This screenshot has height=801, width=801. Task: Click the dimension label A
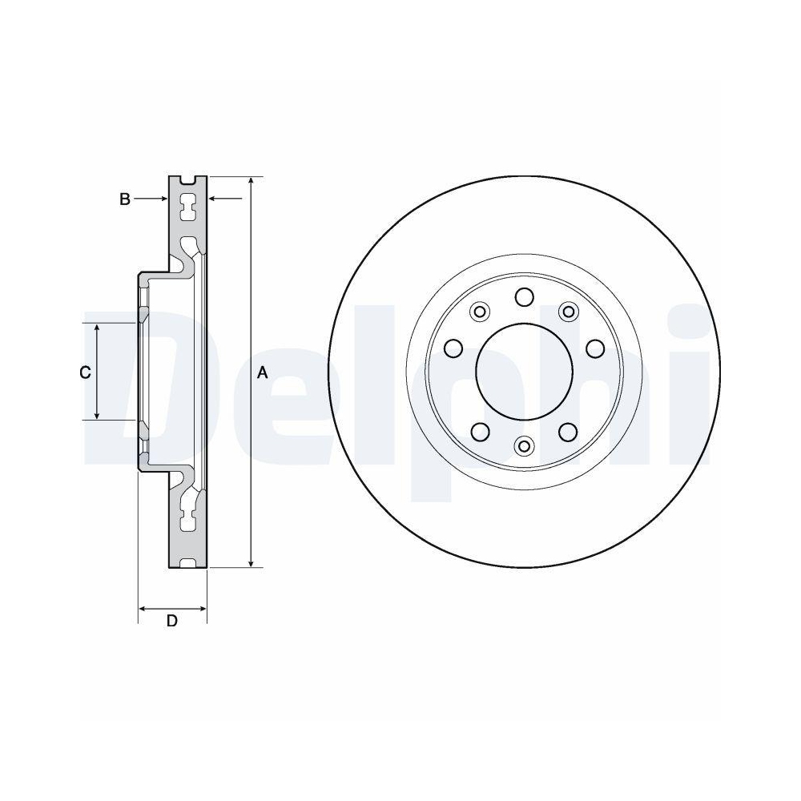pyautogui.click(x=262, y=372)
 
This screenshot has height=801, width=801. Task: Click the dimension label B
pyautogui.click(x=125, y=199)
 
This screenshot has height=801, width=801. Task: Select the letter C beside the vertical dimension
pyautogui.click(x=84, y=372)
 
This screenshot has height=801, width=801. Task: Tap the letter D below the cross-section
pyautogui.click(x=171, y=621)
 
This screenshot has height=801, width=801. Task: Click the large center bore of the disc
pyautogui.click(x=525, y=371)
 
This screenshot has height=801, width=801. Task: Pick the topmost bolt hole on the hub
pyautogui.click(x=525, y=297)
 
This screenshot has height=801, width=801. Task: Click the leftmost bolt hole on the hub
pyautogui.click(x=453, y=348)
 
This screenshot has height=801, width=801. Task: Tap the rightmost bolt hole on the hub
pyautogui.click(x=595, y=348)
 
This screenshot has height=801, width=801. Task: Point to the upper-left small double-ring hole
pyautogui.click(x=481, y=311)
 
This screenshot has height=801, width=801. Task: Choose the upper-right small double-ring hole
pyautogui.click(x=569, y=311)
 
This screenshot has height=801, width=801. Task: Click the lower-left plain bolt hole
pyautogui.click(x=481, y=433)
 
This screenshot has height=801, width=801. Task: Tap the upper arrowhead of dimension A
pyautogui.click(x=252, y=183)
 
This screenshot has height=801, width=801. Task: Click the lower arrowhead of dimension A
pyautogui.click(x=252, y=561)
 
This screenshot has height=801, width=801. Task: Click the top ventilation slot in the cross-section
pyautogui.click(x=188, y=206)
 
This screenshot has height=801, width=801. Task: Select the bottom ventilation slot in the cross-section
pyautogui.click(x=188, y=521)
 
